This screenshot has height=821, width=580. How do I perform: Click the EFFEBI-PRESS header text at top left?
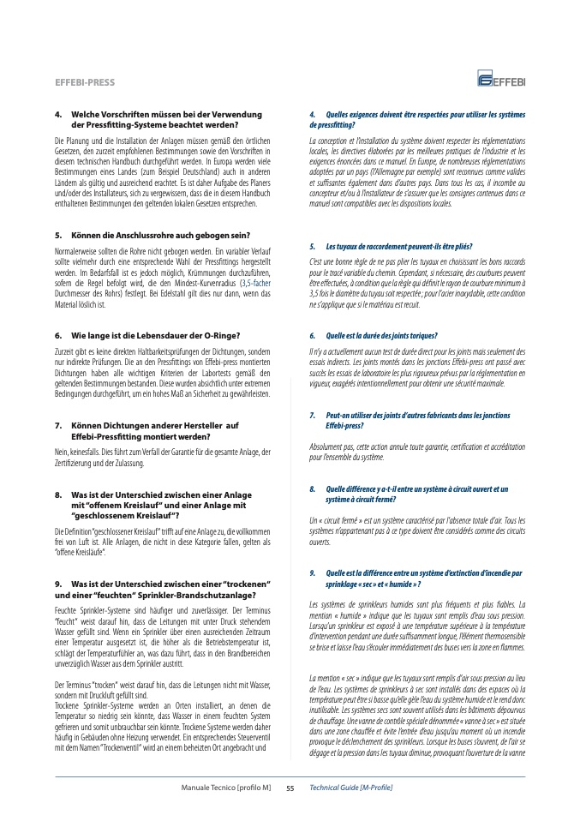pos(85,83)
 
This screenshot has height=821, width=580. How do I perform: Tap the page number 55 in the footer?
pos(290,787)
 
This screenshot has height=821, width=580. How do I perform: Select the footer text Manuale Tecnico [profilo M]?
pos(225,787)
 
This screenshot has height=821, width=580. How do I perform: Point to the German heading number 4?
pos(57,114)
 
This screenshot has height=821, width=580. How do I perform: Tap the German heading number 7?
pos(57,425)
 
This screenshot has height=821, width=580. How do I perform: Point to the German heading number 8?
pos(57,494)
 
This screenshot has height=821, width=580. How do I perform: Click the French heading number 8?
pos(313,488)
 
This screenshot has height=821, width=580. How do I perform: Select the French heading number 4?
pos(313,115)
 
